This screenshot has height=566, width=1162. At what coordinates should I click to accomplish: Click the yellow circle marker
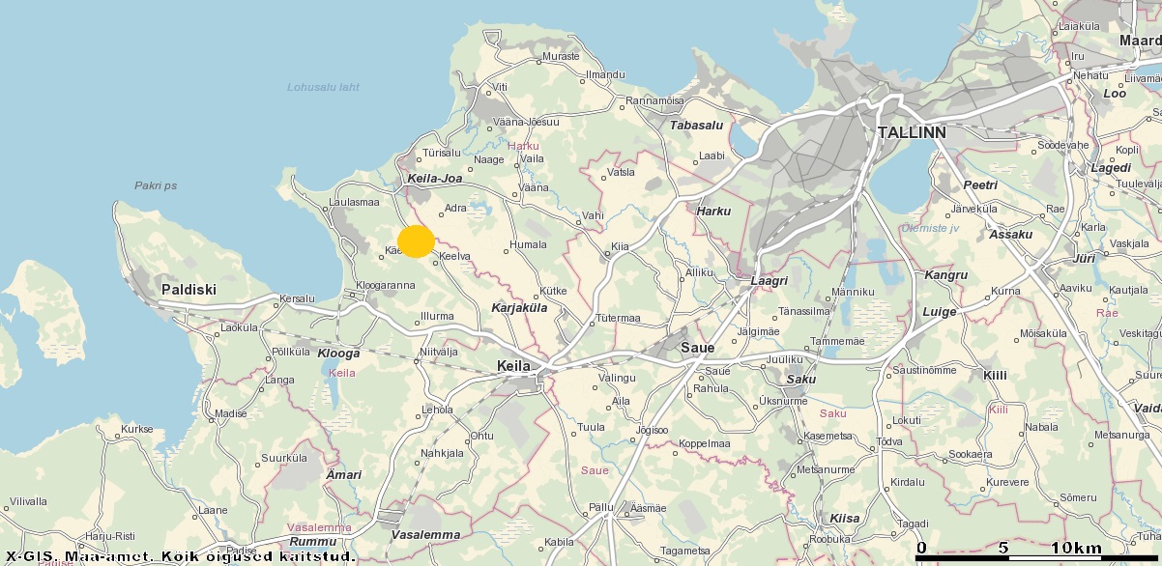(x=416, y=241)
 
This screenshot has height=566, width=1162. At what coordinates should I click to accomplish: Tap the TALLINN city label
(x=911, y=131)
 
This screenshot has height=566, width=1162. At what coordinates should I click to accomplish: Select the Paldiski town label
(x=189, y=289)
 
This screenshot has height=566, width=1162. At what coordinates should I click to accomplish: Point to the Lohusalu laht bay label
(x=323, y=87)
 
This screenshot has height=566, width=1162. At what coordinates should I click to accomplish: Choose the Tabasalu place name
(x=697, y=125)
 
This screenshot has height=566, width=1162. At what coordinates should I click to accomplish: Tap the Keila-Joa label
(x=435, y=179)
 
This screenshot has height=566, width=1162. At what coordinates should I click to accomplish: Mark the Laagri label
(x=770, y=281)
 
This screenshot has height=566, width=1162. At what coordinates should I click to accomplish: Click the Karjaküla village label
(x=519, y=308)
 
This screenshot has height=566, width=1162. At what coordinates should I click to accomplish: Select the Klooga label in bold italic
(x=338, y=354)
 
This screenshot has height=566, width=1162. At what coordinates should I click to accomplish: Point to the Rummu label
(x=312, y=542)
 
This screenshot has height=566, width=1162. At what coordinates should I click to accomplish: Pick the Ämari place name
(x=344, y=474)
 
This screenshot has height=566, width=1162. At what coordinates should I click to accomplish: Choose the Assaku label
(x=1011, y=234)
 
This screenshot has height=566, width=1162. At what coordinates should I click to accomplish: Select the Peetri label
(x=980, y=184)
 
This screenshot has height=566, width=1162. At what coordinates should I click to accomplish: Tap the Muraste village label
(x=561, y=56)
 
